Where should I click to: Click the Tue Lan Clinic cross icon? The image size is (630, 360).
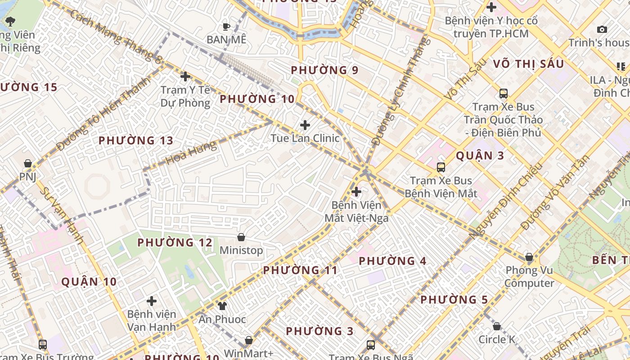305,125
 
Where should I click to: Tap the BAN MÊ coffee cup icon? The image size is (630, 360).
226,27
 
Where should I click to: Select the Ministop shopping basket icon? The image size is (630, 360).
241,237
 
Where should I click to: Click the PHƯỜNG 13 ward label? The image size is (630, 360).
136,140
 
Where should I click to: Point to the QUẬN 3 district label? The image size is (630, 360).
480,156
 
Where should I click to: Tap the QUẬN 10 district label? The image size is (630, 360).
89,282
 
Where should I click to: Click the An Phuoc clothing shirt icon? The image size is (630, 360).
222,306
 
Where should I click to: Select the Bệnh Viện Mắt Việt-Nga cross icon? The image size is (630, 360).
356,192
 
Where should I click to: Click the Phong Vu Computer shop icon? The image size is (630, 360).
529,257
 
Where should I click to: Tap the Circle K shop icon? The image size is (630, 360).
497,326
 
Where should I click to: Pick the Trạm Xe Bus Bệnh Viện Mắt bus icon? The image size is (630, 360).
441,167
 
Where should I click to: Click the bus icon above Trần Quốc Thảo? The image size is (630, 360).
503,94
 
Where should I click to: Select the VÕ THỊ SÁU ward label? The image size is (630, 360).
528,64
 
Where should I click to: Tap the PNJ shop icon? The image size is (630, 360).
28,163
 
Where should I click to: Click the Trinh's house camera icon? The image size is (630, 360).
602,30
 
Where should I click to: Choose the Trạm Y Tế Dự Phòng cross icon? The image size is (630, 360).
185,76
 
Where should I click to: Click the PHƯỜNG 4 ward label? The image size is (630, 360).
392,261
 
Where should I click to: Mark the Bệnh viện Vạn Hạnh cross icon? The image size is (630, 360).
152,301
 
